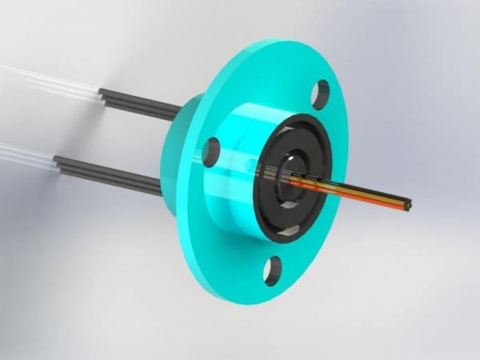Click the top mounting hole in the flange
tap(321, 94)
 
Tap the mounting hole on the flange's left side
tap(212, 150)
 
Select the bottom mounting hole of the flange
tap(273, 271)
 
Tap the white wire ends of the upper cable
tap(48, 80)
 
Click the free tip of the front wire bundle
tap(410, 206)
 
